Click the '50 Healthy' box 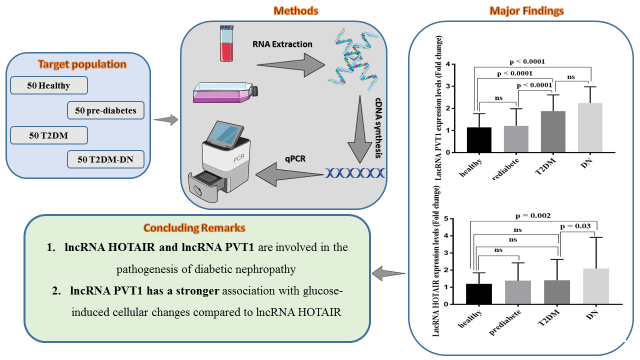[x=49, y=85]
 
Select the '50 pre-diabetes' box [x=105, y=110]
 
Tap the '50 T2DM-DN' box [x=105, y=160]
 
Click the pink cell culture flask [x=225, y=93]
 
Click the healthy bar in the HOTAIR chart [x=478, y=293]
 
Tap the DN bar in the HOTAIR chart [x=596, y=286]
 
